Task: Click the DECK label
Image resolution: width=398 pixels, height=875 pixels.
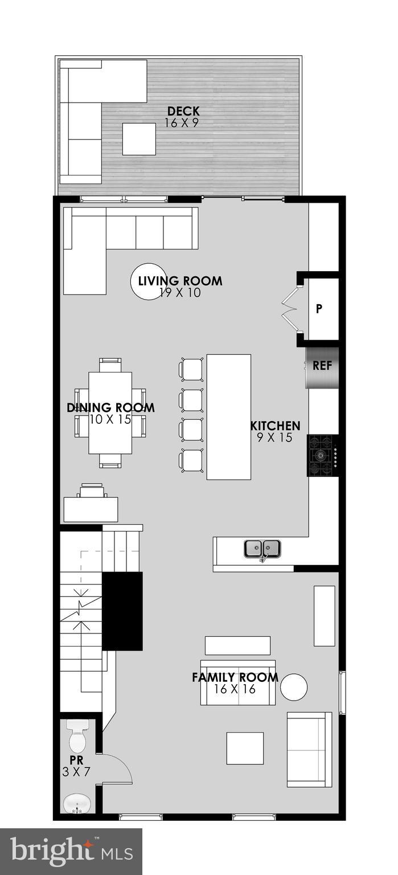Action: pyautogui.click(x=183, y=112)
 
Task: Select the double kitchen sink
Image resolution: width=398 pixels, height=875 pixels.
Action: pyautogui.click(x=262, y=549)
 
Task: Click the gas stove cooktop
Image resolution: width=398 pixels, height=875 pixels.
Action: pyautogui.click(x=322, y=455)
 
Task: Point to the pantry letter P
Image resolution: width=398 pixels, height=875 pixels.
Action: pyautogui.click(x=319, y=309)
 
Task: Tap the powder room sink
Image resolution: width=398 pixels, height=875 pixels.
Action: pyautogui.click(x=76, y=804)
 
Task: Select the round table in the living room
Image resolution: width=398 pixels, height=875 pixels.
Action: pyautogui.click(x=149, y=281)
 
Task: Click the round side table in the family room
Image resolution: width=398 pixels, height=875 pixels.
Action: pyautogui.click(x=294, y=687)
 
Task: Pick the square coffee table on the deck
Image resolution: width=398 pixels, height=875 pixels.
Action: pyautogui.click(x=139, y=139)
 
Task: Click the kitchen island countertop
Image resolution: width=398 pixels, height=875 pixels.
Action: pyautogui.click(x=228, y=416)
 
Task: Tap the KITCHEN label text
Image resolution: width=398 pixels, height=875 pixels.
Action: pyautogui.click(x=276, y=426)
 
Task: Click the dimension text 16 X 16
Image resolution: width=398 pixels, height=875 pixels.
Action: pyautogui.click(x=235, y=689)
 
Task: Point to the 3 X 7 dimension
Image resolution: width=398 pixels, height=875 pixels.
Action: pyautogui.click(x=76, y=772)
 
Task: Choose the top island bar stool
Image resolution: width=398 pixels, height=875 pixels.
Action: pyautogui.click(x=192, y=370)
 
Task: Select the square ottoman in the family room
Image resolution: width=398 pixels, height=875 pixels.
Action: pyautogui.click(x=245, y=748)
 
